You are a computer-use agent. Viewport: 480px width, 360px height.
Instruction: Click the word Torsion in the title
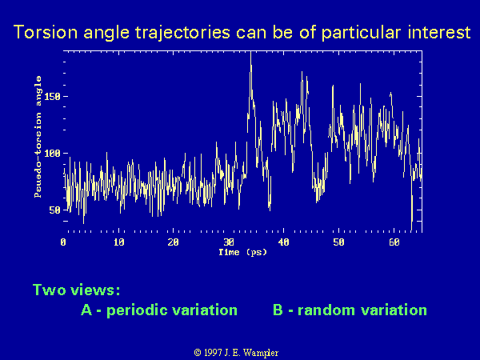(46, 32)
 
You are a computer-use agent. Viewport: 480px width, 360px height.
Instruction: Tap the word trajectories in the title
(182, 33)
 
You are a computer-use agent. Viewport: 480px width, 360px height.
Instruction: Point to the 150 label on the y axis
(52, 97)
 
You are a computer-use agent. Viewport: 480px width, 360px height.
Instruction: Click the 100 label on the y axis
(52, 154)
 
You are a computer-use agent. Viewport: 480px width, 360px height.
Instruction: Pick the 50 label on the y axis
(54, 210)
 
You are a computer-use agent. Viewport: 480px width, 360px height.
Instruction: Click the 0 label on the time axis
(63, 242)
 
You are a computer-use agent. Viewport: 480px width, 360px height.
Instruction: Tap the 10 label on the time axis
(118, 242)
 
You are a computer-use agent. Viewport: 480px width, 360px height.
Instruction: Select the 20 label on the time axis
(174, 242)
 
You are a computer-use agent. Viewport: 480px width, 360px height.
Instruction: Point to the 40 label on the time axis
(283, 242)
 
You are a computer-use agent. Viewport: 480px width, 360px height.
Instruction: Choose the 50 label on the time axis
(338, 242)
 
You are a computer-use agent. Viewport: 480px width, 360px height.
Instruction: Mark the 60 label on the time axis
(394, 242)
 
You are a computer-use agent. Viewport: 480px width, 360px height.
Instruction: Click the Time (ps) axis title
(242, 253)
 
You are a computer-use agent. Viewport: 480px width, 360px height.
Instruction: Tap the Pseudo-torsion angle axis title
(38, 137)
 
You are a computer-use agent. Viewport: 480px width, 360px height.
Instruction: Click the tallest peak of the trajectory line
(250, 53)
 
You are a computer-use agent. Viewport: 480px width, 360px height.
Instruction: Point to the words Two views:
(76, 290)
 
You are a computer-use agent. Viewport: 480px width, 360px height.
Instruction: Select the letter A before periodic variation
(86, 310)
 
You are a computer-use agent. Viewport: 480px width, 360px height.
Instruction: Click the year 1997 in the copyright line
(213, 353)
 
